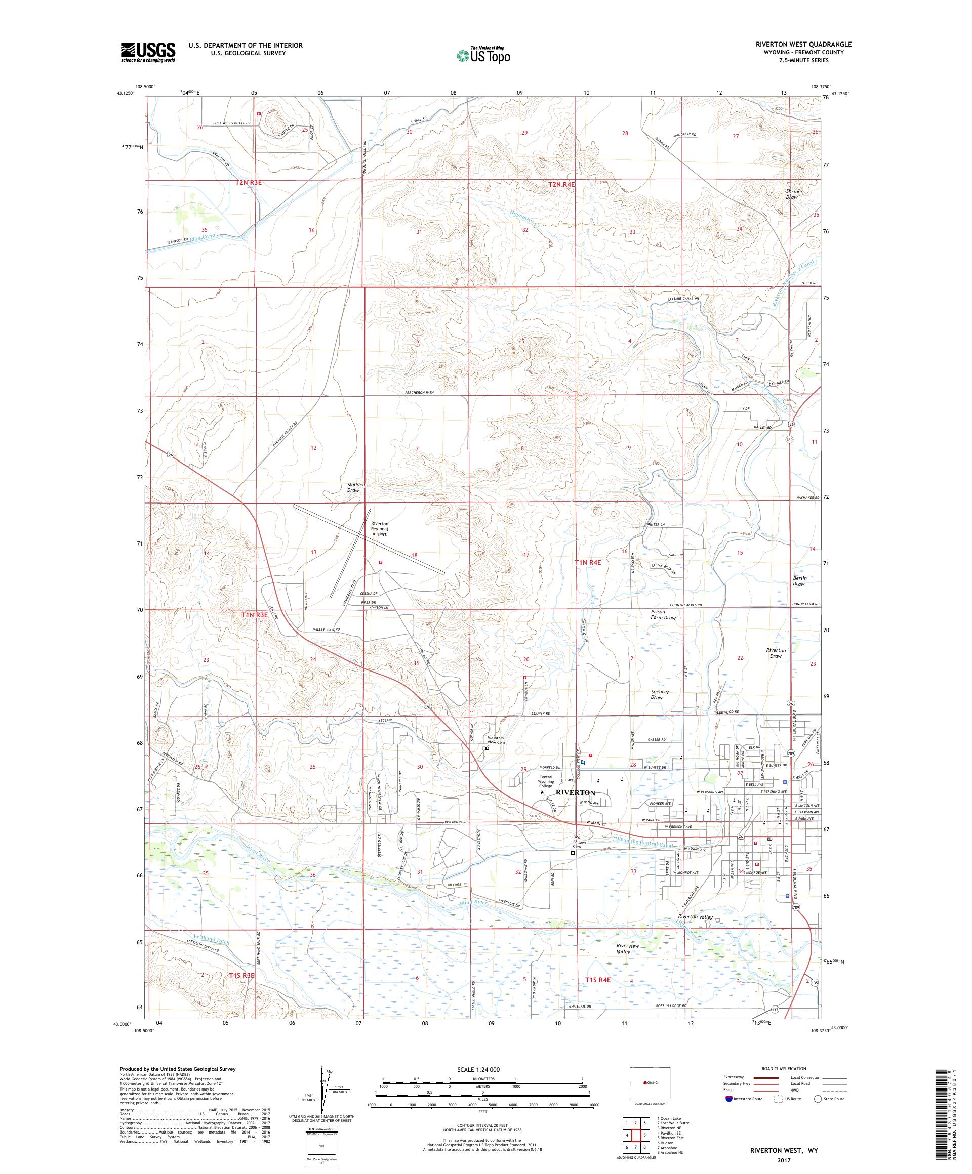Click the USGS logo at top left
pos(148,52)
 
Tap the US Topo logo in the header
pos(484,54)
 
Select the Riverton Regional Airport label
pos(380,529)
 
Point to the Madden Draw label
pos(356,487)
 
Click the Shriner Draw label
pos(794,194)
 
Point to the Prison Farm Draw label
pos(663,614)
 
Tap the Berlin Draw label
pos(798,581)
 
